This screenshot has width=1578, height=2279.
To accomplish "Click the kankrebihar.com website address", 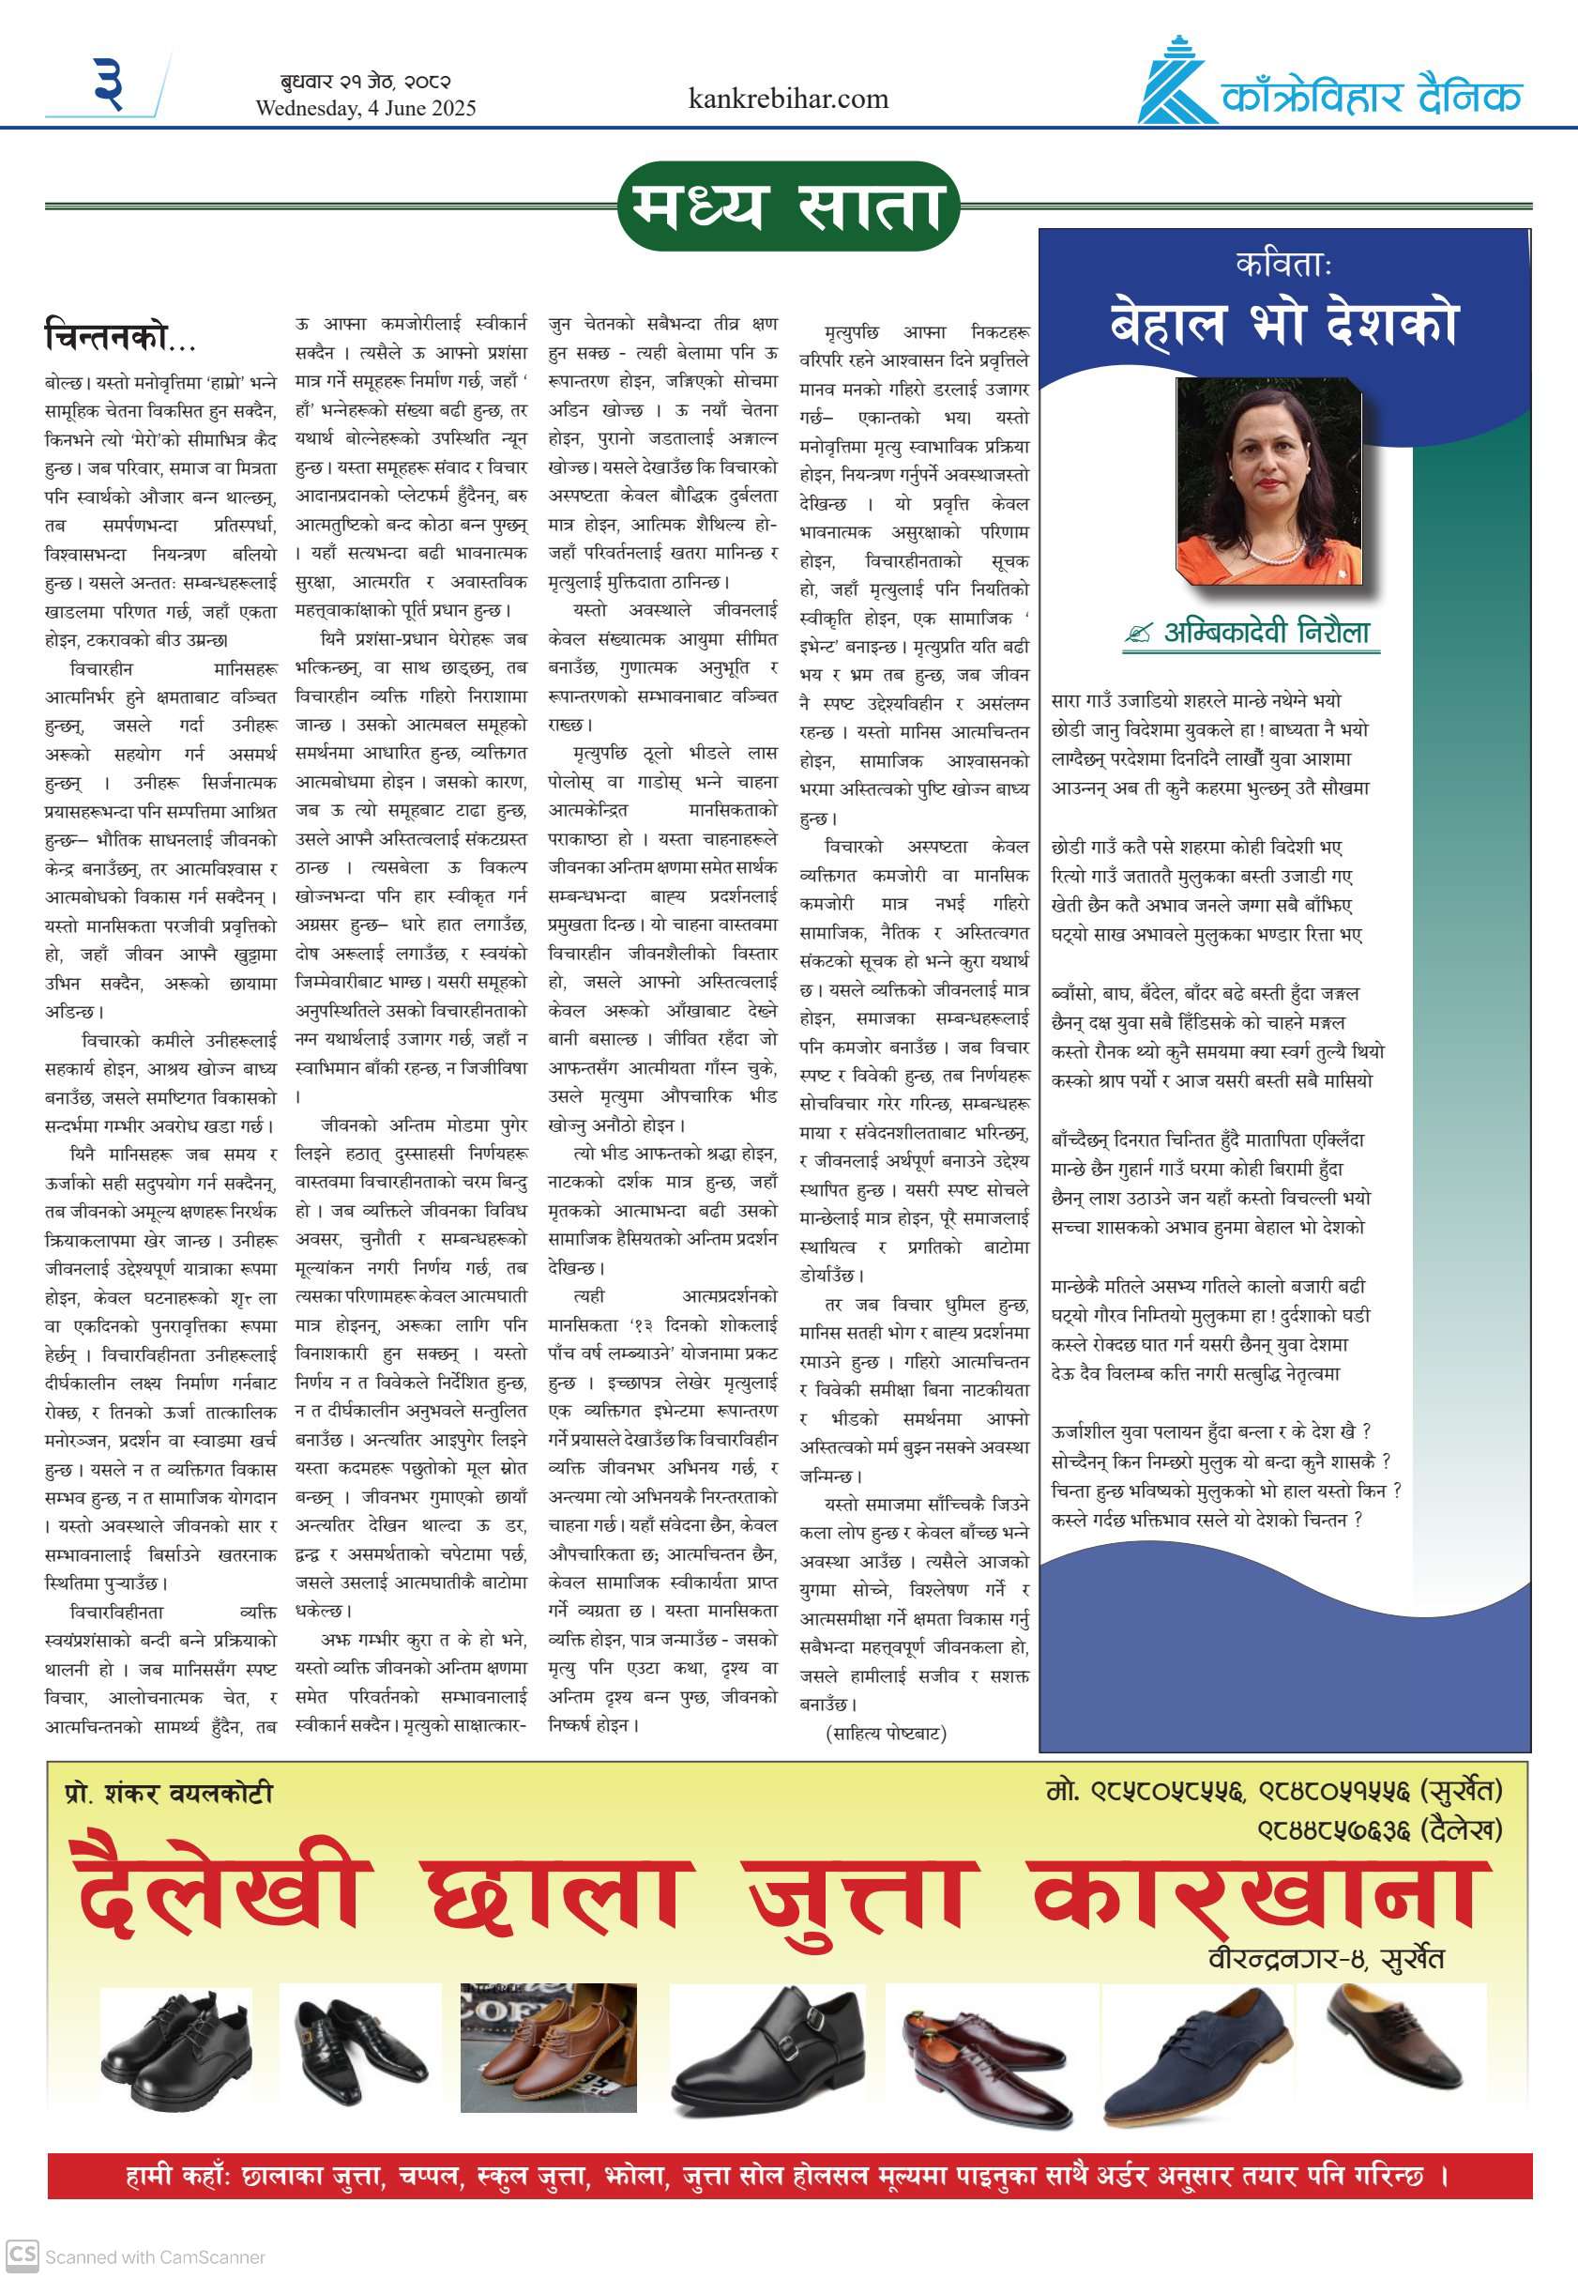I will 788,99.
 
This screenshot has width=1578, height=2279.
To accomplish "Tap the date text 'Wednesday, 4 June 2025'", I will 365,109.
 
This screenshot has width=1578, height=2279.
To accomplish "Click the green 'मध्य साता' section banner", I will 788,206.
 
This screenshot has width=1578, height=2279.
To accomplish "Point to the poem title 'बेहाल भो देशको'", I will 1283,324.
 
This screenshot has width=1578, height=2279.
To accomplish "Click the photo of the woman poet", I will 1267,482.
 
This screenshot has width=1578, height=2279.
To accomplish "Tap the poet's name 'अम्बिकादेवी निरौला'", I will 1267,632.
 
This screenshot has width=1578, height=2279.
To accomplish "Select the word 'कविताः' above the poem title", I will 1283,264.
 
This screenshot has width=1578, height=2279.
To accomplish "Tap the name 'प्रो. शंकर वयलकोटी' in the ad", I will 168,1794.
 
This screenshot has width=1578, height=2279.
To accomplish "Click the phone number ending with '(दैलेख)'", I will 1379,1830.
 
